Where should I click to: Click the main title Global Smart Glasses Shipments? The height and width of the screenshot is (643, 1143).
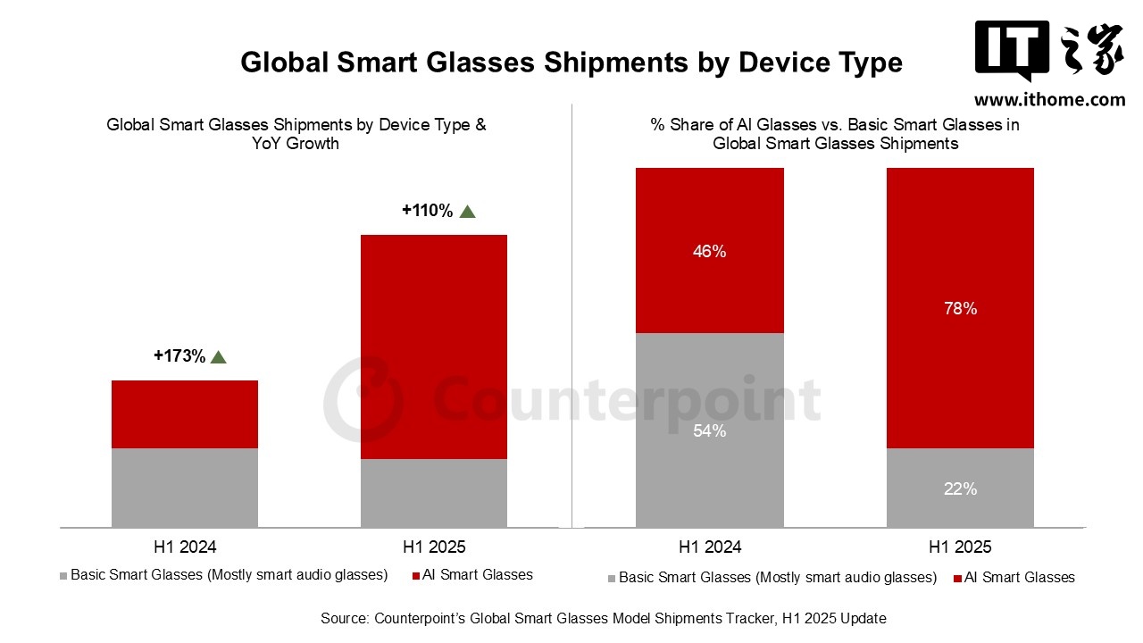click(x=571, y=63)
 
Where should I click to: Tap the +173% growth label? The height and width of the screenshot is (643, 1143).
click(x=179, y=356)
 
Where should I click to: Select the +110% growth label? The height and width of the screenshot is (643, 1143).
click(x=428, y=211)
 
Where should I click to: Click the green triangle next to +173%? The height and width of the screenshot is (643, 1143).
click(x=219, y=357)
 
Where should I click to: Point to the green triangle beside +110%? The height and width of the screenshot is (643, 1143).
click(x=467, y=212)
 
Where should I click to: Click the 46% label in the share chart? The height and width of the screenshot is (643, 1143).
click(x=709, y=252)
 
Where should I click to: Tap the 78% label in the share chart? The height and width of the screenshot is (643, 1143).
click(x=960, y=309)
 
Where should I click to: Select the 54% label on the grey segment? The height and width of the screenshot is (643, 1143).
click(x=709, y=431)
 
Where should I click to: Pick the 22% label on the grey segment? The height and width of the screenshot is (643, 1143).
click(x=960, y=489)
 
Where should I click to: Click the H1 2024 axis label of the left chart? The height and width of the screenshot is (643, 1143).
click(x=185, y=547)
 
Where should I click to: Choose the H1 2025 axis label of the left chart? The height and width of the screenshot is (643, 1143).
click(x=434, y=547)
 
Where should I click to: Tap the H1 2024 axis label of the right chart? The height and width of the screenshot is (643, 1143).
click(x=710, y=547)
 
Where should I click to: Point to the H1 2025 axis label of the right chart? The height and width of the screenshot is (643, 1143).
click(x=960, y=547)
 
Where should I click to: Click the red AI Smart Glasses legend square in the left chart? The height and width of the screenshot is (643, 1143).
click(x=416, y=576)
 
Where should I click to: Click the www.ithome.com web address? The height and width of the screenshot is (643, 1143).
click(x=1049, y=100)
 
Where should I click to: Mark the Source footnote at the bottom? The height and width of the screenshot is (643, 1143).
click(x=604, y=618)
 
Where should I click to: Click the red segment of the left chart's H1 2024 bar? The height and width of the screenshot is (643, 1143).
click(x=185, y=414)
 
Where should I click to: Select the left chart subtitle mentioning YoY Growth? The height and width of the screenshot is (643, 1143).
click(x=296, y=134)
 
